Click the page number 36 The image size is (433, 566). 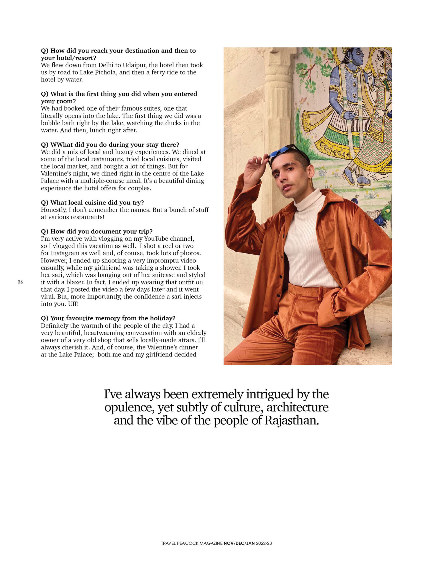click(x=20, y=282)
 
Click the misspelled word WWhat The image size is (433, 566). click(x=62, y=145)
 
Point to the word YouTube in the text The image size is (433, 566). click(x=156, y=239)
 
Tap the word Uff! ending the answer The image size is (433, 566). click(x=73, y=304)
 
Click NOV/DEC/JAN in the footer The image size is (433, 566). click(x=239, y=543)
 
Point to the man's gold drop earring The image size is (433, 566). click(x=312, y=182)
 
